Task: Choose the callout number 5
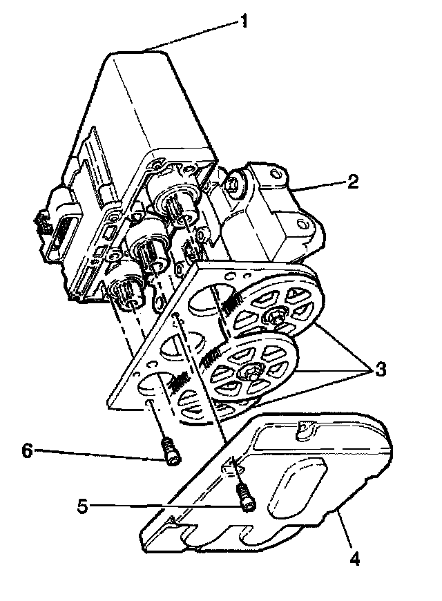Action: (83, 506)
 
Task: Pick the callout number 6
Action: (28, 450)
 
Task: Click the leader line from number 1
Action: (193, 34)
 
